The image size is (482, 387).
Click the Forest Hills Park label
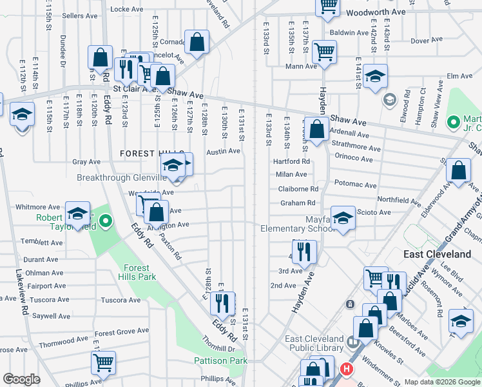[x=136, y=272]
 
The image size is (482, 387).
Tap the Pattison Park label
[x=221, y=361]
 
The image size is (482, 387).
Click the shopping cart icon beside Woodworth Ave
[x=328, y=5]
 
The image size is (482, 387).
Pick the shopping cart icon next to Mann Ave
[x=324, y=51]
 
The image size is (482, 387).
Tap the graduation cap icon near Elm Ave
[x=375, y=76]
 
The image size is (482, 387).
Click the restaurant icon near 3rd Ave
[x=304, y=251]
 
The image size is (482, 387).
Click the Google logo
[x=21, y=379]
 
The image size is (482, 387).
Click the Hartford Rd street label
[x=291, y=161]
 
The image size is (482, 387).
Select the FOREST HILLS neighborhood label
[x=142, y=154]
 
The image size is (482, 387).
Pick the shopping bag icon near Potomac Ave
[x=458, y=171]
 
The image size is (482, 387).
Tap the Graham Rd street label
[x=296, y=203]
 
